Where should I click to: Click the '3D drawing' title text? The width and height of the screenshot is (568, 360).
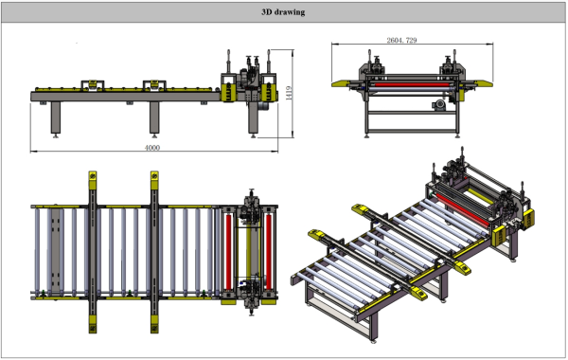[x=283, y=12]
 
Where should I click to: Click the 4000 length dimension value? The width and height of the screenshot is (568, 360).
[x=152, y=148]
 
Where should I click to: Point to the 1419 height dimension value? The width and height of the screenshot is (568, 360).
[x=289, y=93]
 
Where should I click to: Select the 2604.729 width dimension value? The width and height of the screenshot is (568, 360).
[x=401, y=40]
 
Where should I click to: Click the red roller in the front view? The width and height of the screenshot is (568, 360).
[x=412, y=85]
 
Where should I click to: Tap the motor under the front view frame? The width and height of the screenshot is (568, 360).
[x=439, y=105]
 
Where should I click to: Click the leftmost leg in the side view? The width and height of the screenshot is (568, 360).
[x=56, y=117]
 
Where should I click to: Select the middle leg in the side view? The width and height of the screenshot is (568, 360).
[x=154, y=117]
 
